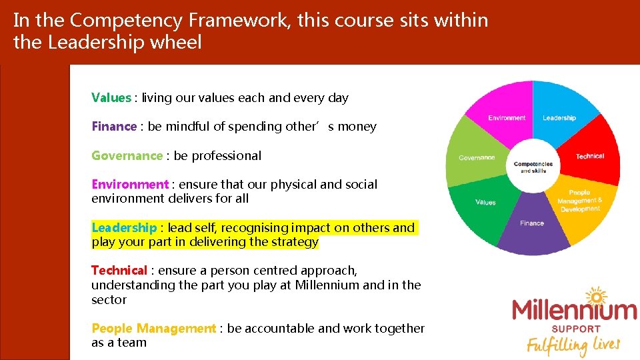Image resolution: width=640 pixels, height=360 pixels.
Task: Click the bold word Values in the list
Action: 111,98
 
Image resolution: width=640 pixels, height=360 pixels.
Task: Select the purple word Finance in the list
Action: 114,127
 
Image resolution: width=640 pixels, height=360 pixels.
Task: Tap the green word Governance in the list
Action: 127,156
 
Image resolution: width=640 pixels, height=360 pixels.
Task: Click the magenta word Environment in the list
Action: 130,185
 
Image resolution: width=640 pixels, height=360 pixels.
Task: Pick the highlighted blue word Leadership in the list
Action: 124,228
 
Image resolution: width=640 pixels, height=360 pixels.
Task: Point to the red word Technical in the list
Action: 119,271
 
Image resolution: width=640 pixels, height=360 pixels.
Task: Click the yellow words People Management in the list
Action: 153,329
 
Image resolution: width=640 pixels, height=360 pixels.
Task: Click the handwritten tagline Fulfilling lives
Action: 573,345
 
